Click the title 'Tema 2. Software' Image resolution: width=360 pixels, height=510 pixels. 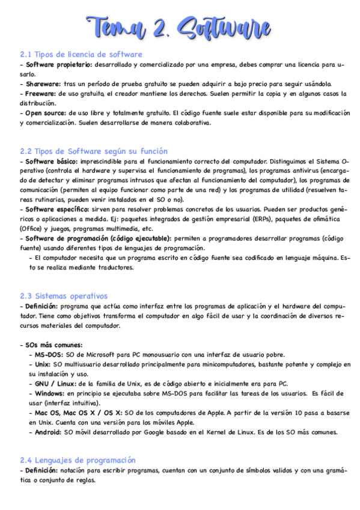point(180,27)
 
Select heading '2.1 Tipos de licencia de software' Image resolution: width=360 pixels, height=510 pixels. point(81,54)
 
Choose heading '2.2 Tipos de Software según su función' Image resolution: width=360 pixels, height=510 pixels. point(94,151)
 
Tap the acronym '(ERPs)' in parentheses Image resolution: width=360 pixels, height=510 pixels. point(260,219)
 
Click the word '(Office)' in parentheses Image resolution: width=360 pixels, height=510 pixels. point(33,229)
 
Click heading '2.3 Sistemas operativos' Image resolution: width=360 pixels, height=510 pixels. point(64,296)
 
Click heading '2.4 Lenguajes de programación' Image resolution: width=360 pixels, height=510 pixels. point(78,460)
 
